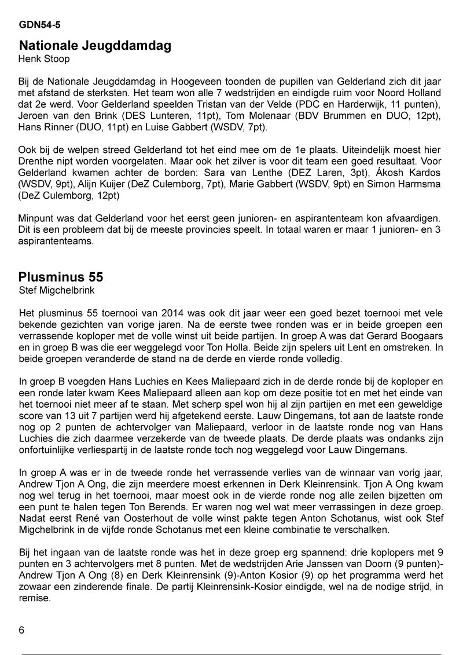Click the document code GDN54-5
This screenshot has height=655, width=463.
pos(39,25)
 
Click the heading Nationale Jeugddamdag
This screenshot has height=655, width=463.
pos(95,46)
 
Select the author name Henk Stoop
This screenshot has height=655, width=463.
pos(44,59)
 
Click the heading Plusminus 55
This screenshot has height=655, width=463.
pos(61,276)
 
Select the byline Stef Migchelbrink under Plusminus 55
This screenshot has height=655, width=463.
pos(56,289)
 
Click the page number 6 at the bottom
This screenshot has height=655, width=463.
pos(21,630)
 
